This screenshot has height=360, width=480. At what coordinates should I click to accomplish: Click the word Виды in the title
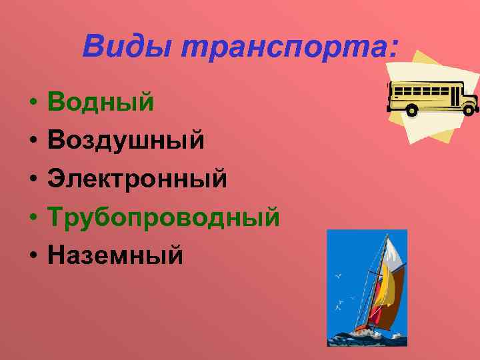click(x=127, y=47)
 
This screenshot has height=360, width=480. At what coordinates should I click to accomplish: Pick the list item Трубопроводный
click(x=164, y=217)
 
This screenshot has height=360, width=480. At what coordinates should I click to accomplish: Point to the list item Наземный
click(x=115, y=254)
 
